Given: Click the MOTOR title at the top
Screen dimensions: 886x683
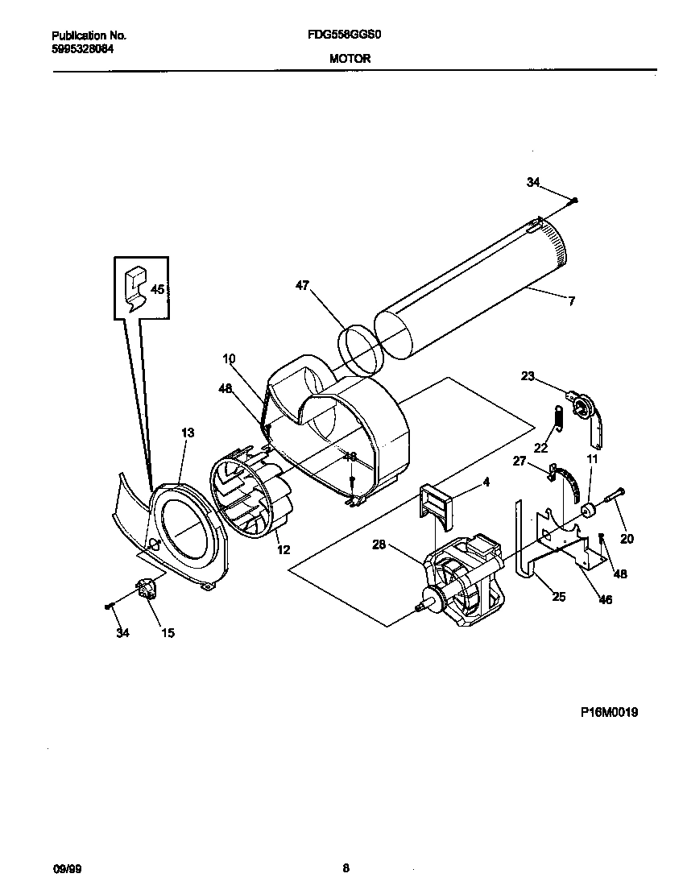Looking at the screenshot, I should click(x=350, y=58).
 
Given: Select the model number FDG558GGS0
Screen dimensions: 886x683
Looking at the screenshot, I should click(x=349, y=36).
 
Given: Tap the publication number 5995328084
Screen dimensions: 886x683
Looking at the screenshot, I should click(x=82, y=48).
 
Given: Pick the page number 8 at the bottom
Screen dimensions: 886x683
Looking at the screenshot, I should click(x=346, y=868).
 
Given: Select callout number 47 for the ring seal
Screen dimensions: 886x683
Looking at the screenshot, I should click(x=303, y=285).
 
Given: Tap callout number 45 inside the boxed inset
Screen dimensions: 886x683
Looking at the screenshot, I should click(x=158, y=289).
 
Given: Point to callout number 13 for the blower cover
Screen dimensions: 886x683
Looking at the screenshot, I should click(x=187, y=433).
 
